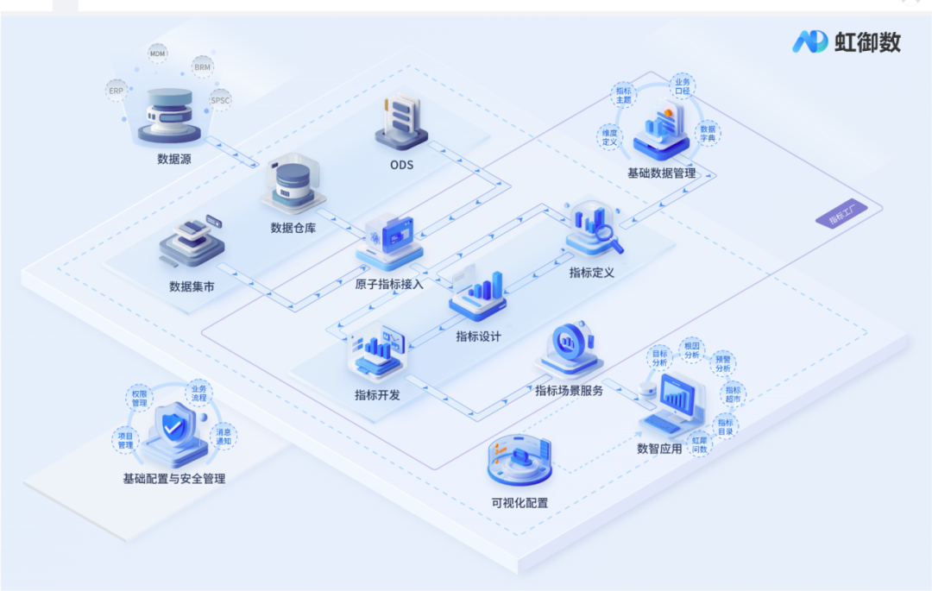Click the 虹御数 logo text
click(x=866, y=41)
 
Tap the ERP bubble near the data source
click(x=116, y=90)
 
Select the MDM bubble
click(x=158, y=53)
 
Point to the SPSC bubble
click(x=220, y=100)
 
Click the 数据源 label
click(x=173, y=159)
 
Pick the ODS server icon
click(x=401, y=121)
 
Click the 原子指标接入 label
click(x=389, y=283)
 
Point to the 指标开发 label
click(x=377, y=395)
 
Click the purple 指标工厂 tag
click(x=841, y=217)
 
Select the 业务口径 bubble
click(x=683, y=86)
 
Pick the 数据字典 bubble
click(x=708, y=132)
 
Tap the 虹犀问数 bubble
click(x=699, y=444)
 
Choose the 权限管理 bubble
click(x=140, y=398)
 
